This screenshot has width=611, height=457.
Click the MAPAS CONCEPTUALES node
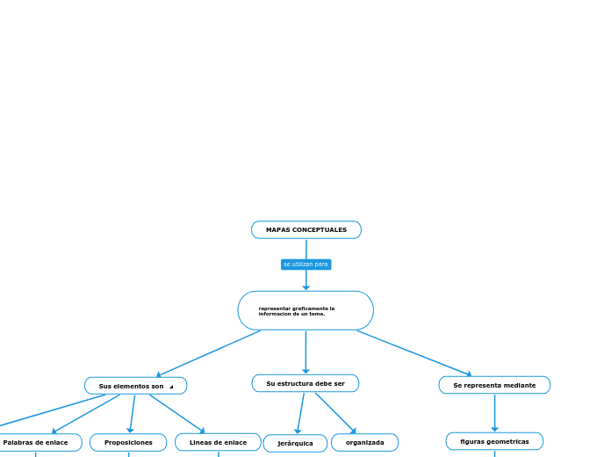pos(305,230)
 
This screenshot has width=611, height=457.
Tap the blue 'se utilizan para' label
pos(305,265)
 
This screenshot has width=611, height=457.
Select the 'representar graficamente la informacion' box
pos(305,311)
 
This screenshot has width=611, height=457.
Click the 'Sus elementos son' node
pos(132,386)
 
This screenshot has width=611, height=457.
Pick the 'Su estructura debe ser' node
pos(305,383)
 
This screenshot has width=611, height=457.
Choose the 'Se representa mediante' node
pos(494,385)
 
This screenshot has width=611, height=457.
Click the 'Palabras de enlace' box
pos(36,443)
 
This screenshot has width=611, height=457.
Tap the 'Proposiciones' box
pos(128,443)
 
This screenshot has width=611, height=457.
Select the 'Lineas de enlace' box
pos(218,442)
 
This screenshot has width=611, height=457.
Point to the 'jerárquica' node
pos(295,444)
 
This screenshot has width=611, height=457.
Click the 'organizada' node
pos(364,443)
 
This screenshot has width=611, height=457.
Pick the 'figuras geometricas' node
pos(494,441)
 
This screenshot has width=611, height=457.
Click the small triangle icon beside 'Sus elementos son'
pos(171,387)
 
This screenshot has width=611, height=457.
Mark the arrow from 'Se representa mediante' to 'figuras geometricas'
pos(494,413)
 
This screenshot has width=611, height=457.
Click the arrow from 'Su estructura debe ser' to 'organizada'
pos(335,413)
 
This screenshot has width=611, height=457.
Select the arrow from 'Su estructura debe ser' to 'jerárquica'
pos(300,413)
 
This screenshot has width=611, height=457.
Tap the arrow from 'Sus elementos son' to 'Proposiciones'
pos(133,414)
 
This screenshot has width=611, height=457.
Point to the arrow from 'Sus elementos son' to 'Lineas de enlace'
pos(176,414)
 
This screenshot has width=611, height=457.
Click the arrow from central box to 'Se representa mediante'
pos(413,352)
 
